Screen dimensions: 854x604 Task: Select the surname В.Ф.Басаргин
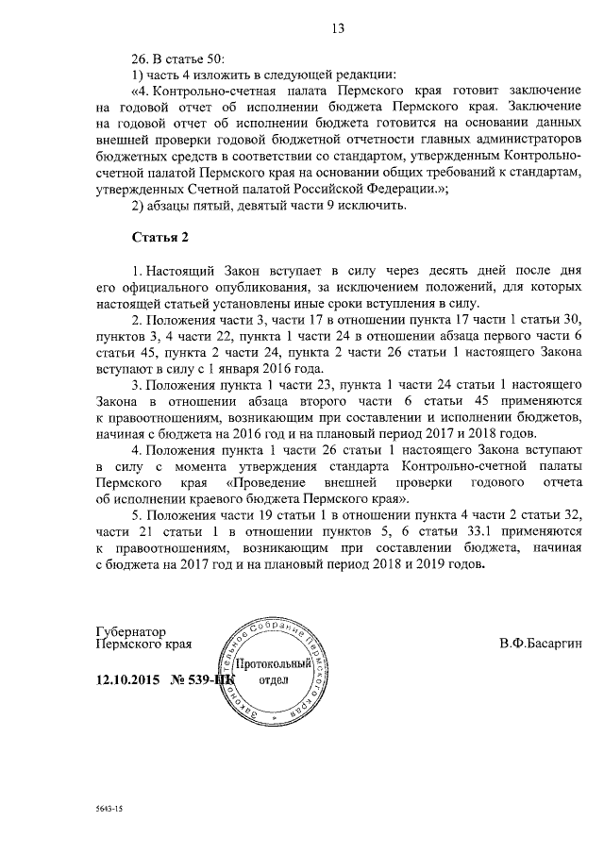(x=542, y=645)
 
